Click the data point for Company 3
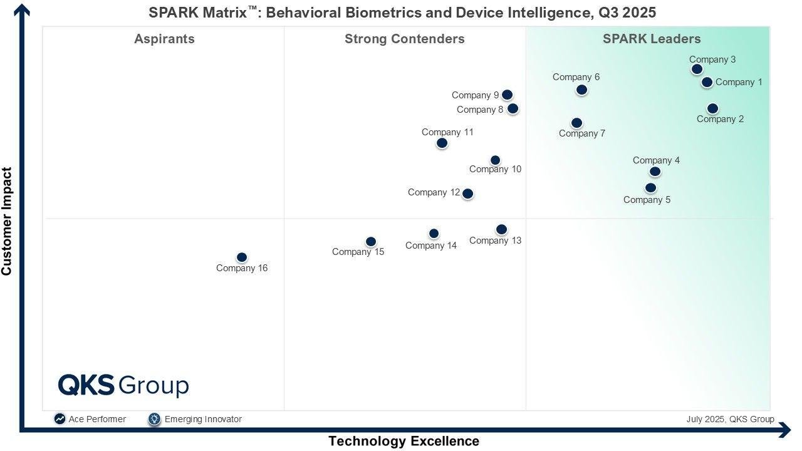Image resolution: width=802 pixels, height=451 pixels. (697, 69)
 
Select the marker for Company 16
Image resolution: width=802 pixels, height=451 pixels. (242, 257)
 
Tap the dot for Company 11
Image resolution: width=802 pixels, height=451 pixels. (442, 143)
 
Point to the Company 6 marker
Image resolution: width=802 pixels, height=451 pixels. (581, 90)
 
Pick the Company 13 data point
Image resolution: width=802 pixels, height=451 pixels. (501, 229)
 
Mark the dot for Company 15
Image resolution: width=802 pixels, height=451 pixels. (371, 242)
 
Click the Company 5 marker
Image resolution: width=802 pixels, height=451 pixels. (650, 188)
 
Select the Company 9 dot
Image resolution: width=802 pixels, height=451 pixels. (507, 95)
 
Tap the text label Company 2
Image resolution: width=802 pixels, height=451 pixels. (720, 119)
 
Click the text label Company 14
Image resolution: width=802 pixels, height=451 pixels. (431, 246)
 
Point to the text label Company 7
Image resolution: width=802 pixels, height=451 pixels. (582, 133)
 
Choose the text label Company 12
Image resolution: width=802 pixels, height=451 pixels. (434, 192)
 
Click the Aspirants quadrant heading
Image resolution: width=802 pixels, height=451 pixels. (164, 39)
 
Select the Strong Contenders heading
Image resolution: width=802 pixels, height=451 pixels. (405, 39)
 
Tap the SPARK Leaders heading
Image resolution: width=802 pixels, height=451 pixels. (652, 39)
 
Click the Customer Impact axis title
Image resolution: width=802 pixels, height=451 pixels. (7, 221)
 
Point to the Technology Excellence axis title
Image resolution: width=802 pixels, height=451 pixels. (404, 441)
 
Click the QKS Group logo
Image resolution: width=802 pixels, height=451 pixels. (123, 385)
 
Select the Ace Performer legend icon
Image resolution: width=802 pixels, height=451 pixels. (60, 419)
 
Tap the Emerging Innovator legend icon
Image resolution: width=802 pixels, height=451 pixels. (155, 419)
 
